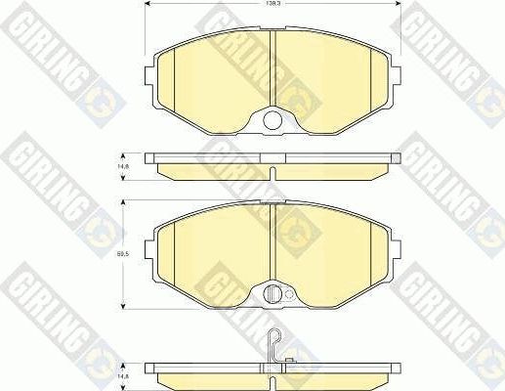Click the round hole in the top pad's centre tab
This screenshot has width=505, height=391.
[274, 122]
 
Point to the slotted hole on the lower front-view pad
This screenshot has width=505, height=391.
[273, 293]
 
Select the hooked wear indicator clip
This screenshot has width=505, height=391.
[277, 344]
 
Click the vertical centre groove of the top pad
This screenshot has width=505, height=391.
[274, 68]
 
